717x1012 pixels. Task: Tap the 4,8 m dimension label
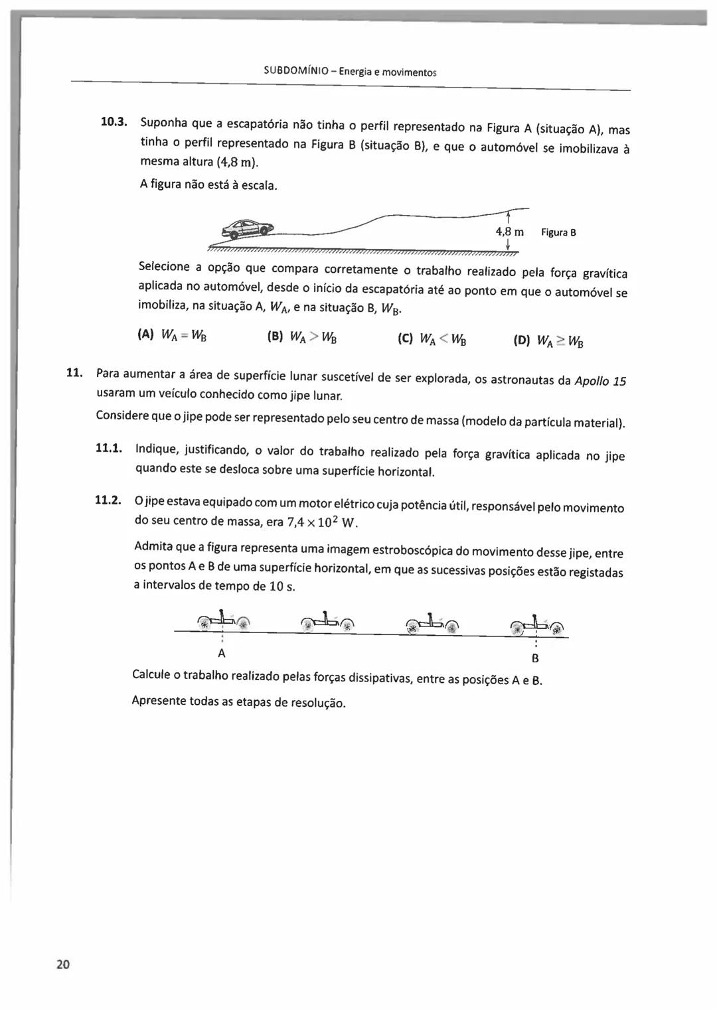pos(509,232)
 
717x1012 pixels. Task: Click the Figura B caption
pos(558,232)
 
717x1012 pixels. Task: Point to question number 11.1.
pos(110,448)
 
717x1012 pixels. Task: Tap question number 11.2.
pos(108,500)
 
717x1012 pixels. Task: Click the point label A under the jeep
pos(222,653)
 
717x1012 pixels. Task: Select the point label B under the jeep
pos(535,659)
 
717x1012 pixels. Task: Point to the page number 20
pos(63,964)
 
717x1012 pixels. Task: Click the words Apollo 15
pos(600,381)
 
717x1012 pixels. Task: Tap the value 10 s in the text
pos(281,587)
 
